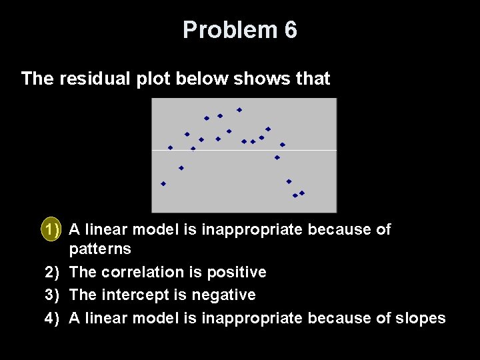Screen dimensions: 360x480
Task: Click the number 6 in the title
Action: coord(290,30)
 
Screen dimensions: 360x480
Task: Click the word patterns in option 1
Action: coord(100,249)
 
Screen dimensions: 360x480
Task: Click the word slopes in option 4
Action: coord(420,318)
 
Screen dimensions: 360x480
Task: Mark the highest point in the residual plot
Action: coord(239,109)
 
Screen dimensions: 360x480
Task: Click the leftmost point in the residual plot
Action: coord(163,183)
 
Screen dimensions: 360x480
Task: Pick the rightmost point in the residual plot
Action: coord(302,193)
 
